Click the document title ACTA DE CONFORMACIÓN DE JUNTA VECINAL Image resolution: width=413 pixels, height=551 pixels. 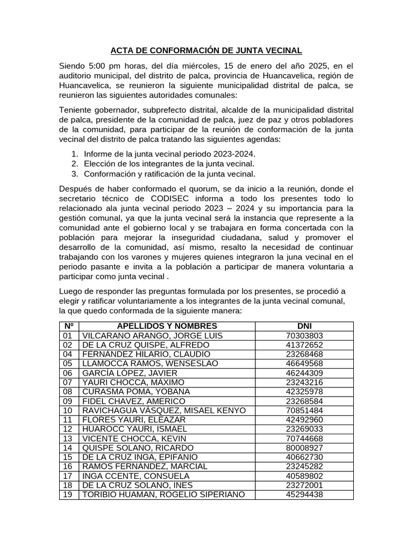[206, 51]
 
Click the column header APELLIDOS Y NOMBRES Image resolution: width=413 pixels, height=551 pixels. [167, 326]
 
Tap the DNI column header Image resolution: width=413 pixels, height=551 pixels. [304, 326]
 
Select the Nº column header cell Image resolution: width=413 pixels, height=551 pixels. [69, 326]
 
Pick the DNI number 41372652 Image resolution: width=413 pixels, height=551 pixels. [304, 345]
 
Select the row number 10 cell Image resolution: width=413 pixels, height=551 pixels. [68, 411]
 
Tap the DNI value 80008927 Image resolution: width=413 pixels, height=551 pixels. [304, 448]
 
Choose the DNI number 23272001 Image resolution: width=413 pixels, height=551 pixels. [304, 485]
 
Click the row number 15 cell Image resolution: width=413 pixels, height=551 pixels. [68, 457]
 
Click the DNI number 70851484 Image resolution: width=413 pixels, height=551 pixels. [304, 411]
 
